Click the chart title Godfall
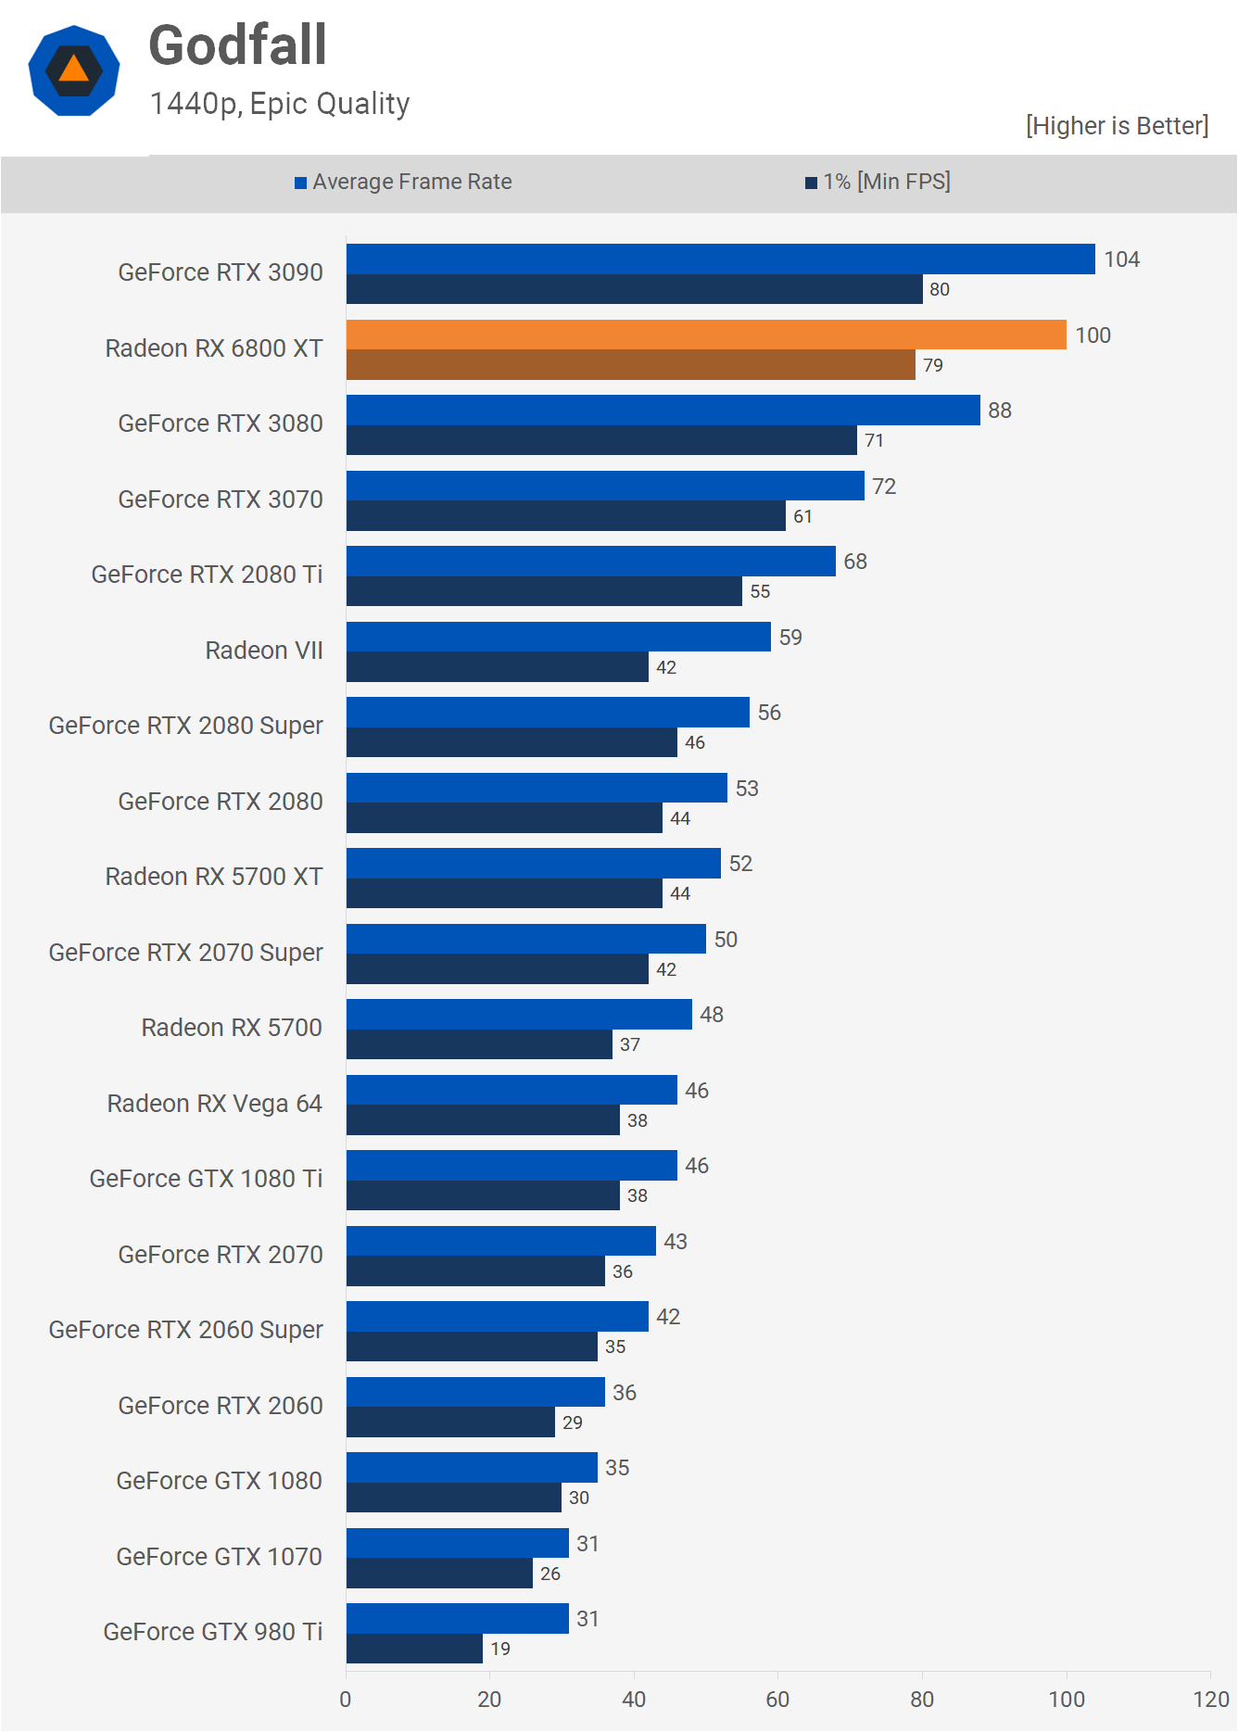pos(237,45)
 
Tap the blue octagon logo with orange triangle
pos(74,70)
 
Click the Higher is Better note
pos(1117,126)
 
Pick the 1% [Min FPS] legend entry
pos(878,182)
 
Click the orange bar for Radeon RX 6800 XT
pos(706,335)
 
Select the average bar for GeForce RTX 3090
pos(720,259)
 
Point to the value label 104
pos(1121,259)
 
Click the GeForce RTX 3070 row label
pos(221,499)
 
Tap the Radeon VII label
pos(264,651)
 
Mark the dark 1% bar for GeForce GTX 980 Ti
pos(414,1649)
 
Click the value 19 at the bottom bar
pos(500,1649)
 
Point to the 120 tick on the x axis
pos(1211,1699)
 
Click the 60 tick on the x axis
pos(777,1699)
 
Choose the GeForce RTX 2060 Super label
pos(186,1330)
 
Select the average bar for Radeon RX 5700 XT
pos(533,864)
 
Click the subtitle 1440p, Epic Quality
pos(280,104)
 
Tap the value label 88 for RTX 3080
pos(1000,411)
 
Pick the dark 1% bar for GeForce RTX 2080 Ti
pos(544,591)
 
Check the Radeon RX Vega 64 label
pos(215,1104)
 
